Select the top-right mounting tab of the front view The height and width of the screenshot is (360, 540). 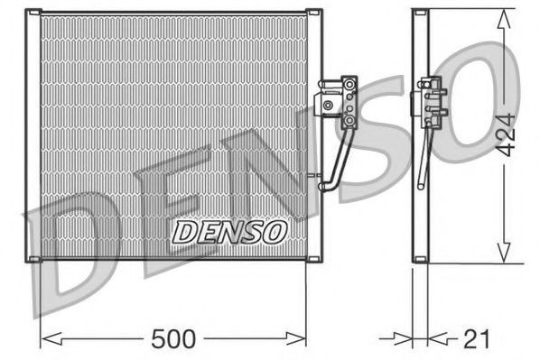pyautogui.click(x=313, y=12)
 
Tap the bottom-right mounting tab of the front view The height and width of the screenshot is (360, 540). pyautogui.click(x=313, y=261)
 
